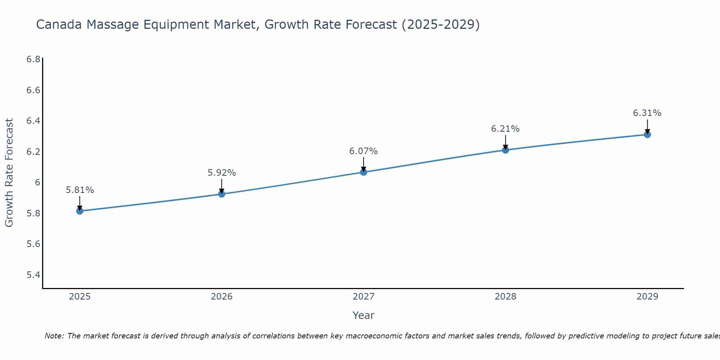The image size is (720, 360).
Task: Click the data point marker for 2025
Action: [x=80, y=211]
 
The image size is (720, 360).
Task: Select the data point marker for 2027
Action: [x=364, y=172]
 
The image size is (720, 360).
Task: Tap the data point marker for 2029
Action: [x=647, y=135]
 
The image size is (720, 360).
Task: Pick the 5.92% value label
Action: [x=222, y=173]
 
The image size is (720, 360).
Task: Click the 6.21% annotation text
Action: [x=505, y=129]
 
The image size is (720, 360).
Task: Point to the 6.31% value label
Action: [x=647, y=113]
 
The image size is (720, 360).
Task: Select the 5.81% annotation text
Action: [x=80, y=190]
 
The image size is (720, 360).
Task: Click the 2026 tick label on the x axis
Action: [x=222, y=297]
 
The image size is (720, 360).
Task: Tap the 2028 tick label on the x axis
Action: [x=505, y=297]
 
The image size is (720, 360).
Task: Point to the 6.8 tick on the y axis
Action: [x=33, y=59]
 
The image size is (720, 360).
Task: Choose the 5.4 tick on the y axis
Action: [x=33, y=275]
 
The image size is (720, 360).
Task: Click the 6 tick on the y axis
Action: [x=37, y=183]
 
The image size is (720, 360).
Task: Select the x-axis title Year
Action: [x=364, y=315]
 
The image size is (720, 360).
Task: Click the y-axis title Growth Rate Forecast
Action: [x=9, y=173]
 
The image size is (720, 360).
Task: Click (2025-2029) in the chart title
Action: [x=441, y=24]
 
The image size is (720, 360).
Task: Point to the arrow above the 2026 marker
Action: [x=222, y=186]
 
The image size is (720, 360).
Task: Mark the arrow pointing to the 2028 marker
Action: [x=505, y=142]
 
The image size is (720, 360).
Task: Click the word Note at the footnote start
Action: [x=54, y=336]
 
